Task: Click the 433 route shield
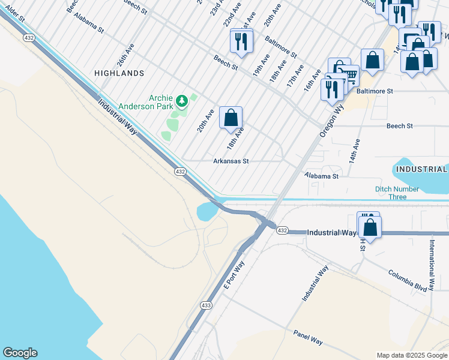coord(206,305)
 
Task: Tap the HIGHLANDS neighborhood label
coord(119,73)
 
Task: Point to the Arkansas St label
coord(231,161)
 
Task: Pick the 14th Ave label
coord(355,152)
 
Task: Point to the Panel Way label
coord(308,337)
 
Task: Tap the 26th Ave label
coord(123,54)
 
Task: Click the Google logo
coord(20,353)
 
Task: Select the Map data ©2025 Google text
coord(411,355)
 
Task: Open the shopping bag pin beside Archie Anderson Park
coord(231,118)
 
